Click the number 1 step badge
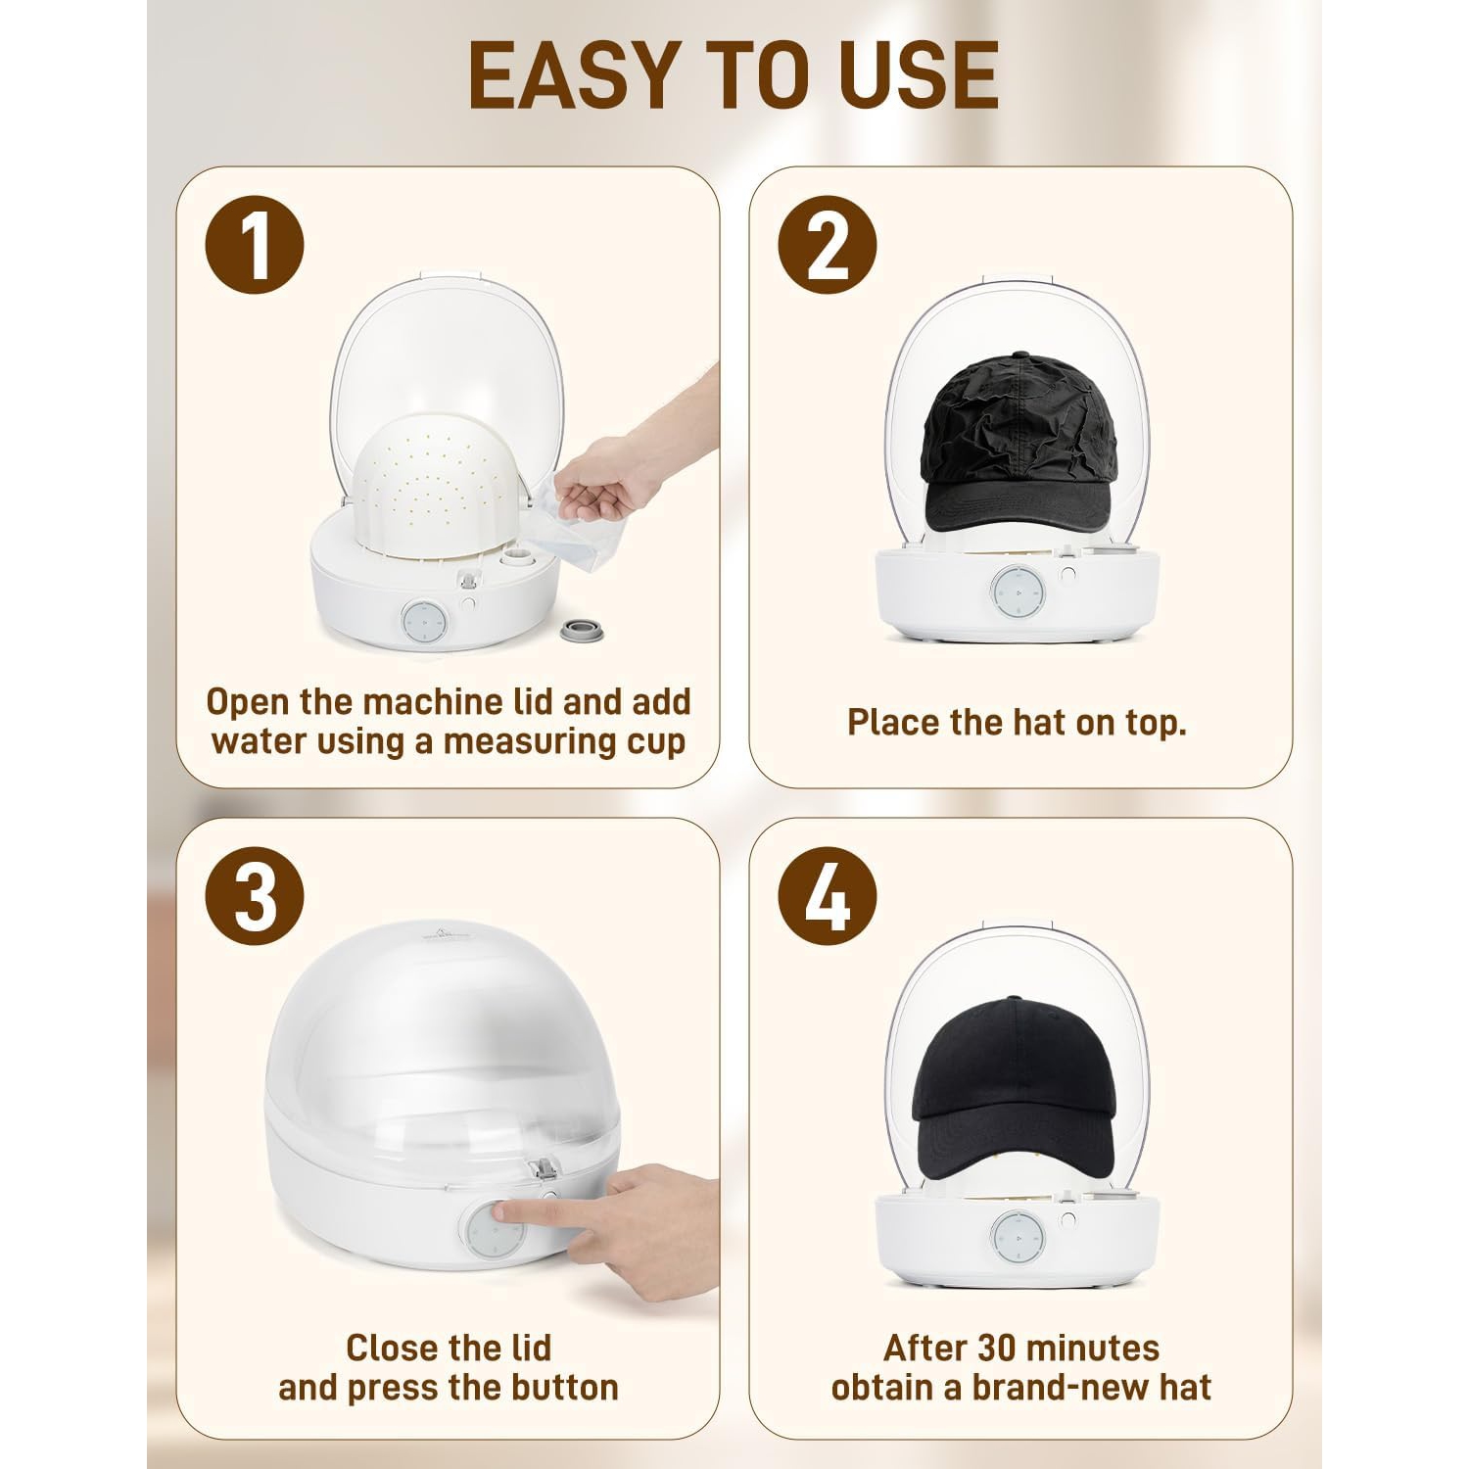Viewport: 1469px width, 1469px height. tap(255, 245)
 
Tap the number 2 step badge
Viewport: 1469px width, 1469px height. tap(828, 245)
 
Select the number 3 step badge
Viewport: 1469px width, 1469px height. tap(255, 896)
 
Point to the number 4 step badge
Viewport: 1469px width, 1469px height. tap(828, 896)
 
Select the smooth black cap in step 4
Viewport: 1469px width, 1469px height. tap(1015, 1087)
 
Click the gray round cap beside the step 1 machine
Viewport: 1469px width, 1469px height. tap(581, 631)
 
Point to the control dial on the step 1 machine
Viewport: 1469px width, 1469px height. tap(424, 621)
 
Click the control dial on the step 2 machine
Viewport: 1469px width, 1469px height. tap(1018, 592)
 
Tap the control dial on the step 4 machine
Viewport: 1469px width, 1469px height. tap(1018, 1238)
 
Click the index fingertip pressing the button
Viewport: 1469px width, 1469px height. tap(501, 1212)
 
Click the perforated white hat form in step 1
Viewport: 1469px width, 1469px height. tap(436, 490)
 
